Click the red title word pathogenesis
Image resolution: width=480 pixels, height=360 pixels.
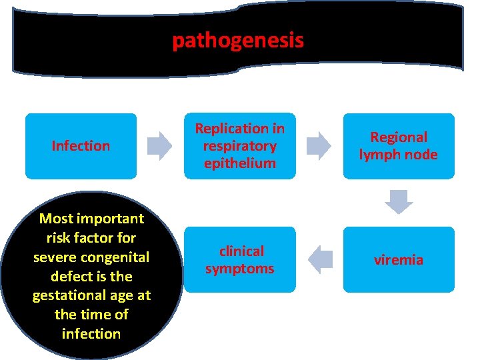(x=238, y=41)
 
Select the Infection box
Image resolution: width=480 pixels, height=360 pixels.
(x=81, y=146)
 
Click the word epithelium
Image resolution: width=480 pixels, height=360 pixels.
(x=239, y=163)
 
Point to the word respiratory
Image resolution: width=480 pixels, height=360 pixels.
(x=239, y=146)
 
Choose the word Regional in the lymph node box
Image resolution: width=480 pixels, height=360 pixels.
(x=399, y=137)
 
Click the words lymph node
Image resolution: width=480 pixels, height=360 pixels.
(x=399, y=155)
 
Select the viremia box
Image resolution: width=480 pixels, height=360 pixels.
(x=399, y=260)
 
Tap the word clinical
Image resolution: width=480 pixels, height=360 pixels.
(x=241, y=251)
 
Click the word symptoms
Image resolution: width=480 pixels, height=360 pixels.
(x=239, y=269)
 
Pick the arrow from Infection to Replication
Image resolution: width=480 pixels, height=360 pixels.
(x=159, y=146)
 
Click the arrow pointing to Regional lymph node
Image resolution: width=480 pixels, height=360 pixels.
(x=319, y=146)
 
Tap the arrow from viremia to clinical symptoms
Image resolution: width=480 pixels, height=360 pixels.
(x=321, y=259)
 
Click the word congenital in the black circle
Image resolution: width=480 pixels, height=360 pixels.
(x=121, y=257)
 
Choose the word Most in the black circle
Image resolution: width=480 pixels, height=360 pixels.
(x=56, y=219)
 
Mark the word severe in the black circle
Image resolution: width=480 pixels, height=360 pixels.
(x=52, y=257)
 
